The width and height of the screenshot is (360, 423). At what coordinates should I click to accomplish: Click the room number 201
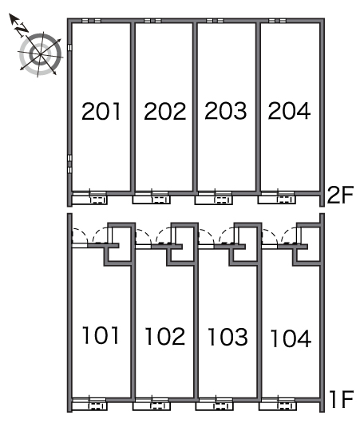101,111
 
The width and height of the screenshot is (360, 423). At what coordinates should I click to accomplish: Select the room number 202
165,111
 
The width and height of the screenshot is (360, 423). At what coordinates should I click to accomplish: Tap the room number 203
226,110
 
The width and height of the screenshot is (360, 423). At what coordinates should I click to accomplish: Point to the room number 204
289,110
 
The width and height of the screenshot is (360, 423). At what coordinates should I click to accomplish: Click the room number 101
101,335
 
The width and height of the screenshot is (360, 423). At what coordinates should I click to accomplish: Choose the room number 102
165,336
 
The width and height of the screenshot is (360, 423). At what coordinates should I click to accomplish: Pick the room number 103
227,337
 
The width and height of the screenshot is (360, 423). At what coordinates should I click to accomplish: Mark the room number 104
291,338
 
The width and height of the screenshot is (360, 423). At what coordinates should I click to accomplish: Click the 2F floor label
340,195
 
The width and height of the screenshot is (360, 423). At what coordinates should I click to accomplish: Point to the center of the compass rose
40,54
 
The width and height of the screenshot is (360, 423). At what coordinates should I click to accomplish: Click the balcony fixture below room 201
90,200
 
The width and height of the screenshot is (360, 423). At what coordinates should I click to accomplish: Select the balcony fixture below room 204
277,200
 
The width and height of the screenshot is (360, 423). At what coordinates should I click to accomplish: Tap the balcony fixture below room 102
152,406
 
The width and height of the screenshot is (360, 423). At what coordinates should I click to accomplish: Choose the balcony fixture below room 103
215,406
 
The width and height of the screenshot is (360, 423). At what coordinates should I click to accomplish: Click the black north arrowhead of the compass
14,18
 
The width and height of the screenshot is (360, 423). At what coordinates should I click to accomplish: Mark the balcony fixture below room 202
151,200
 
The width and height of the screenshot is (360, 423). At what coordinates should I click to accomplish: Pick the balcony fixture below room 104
278,406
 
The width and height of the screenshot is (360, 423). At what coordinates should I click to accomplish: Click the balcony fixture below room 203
214,200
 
